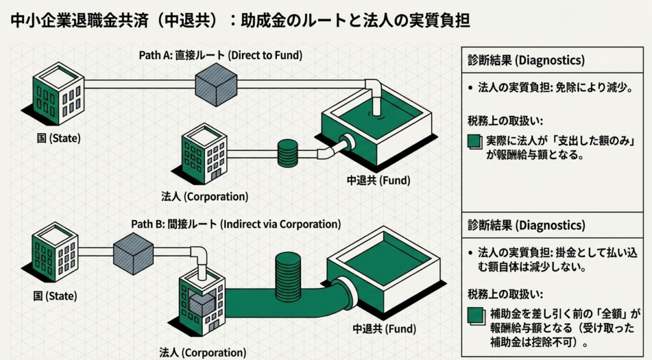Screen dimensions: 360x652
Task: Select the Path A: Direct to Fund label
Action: coord(220,55)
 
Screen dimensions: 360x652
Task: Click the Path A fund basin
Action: coord(376,127)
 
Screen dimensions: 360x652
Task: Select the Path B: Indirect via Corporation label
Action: coord(236,224)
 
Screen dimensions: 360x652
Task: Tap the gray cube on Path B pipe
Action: coord(133,253)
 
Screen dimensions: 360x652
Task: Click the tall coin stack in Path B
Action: coord(288,274)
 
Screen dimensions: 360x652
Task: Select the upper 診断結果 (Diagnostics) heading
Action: coord(526,61)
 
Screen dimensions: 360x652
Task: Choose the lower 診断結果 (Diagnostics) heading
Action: coord(526,226)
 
